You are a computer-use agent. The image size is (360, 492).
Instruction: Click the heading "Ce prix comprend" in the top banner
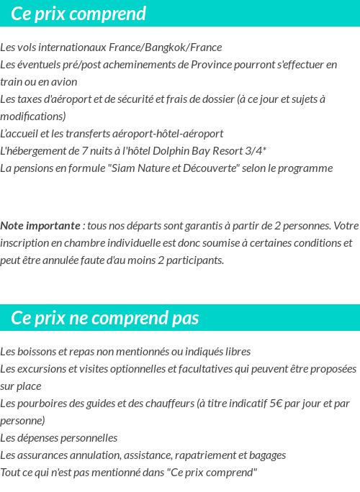78,14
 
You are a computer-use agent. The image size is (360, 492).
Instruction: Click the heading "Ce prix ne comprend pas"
105,318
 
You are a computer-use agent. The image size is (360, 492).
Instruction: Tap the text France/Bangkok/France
166,47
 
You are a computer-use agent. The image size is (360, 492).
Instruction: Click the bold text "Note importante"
40,226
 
